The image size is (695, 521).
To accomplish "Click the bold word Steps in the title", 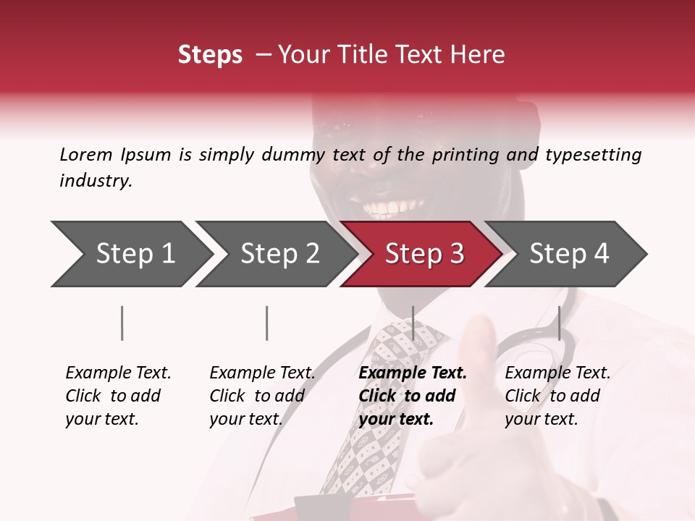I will (x=210, y=55).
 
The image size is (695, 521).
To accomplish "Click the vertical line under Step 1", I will (x=122, y=323).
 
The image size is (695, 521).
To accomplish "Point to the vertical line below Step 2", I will (x=267, y=323).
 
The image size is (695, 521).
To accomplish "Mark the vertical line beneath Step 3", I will (x=413, y=323).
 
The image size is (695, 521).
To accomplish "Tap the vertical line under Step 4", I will (x=559, y=323).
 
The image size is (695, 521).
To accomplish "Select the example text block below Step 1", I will (x=118, y=396).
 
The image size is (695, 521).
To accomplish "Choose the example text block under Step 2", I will (x=262, y=396).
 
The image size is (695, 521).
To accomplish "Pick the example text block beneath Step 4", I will (x=557, y=396).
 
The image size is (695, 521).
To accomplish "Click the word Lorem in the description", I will (x=86, y=154).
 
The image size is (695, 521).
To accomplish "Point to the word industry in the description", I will (x=95, y=181).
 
